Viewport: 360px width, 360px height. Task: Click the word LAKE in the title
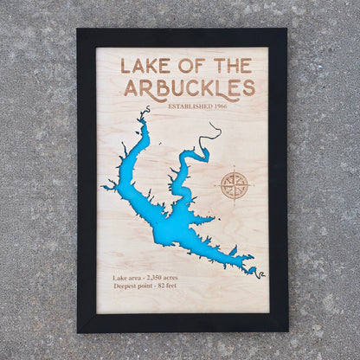(142, 66)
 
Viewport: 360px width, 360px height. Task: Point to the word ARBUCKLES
(190, 87)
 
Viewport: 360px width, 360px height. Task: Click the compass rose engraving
(234, 184)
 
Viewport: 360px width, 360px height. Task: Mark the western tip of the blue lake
(103, 187)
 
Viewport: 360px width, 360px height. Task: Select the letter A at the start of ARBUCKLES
(132, 87)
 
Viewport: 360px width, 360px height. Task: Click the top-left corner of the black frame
(78, 29)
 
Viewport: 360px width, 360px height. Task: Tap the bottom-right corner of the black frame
(286, 331)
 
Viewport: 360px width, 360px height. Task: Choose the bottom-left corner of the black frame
(78, 331)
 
